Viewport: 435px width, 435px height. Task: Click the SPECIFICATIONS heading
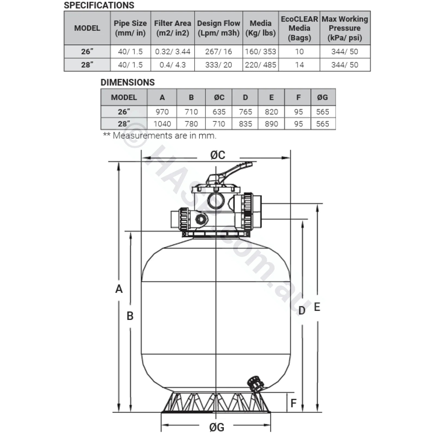(x=99, y=5)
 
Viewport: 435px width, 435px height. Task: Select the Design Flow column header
(x=219, y=28)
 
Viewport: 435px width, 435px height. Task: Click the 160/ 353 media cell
(x=260, y=51)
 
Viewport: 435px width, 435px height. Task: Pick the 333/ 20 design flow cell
(x=219, y=65)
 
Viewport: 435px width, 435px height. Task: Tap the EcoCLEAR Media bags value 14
(x=299, y=65)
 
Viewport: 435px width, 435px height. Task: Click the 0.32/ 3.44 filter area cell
(x=173, y=51)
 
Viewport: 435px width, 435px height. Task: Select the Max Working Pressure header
(x=345, y=28)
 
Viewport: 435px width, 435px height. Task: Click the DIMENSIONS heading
(x=128, y=82)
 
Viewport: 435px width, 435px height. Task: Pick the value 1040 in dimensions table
(x=162, y=124)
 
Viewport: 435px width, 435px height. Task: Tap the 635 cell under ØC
(x=219, y=112)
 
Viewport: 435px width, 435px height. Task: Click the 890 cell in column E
(x=271, y=124)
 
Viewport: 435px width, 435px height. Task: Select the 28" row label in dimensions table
(x=124, y=124)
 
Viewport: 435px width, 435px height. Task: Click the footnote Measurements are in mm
(x=160, y=135)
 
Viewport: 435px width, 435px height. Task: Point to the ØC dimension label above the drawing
(x=218, y=155)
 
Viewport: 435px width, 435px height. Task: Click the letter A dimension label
(x=119, y=289)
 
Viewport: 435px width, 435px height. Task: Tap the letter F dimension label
(x=293, y=403)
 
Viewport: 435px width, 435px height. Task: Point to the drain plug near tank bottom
(x=255, y=384)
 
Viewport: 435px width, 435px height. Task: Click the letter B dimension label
(x=130, y=316)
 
